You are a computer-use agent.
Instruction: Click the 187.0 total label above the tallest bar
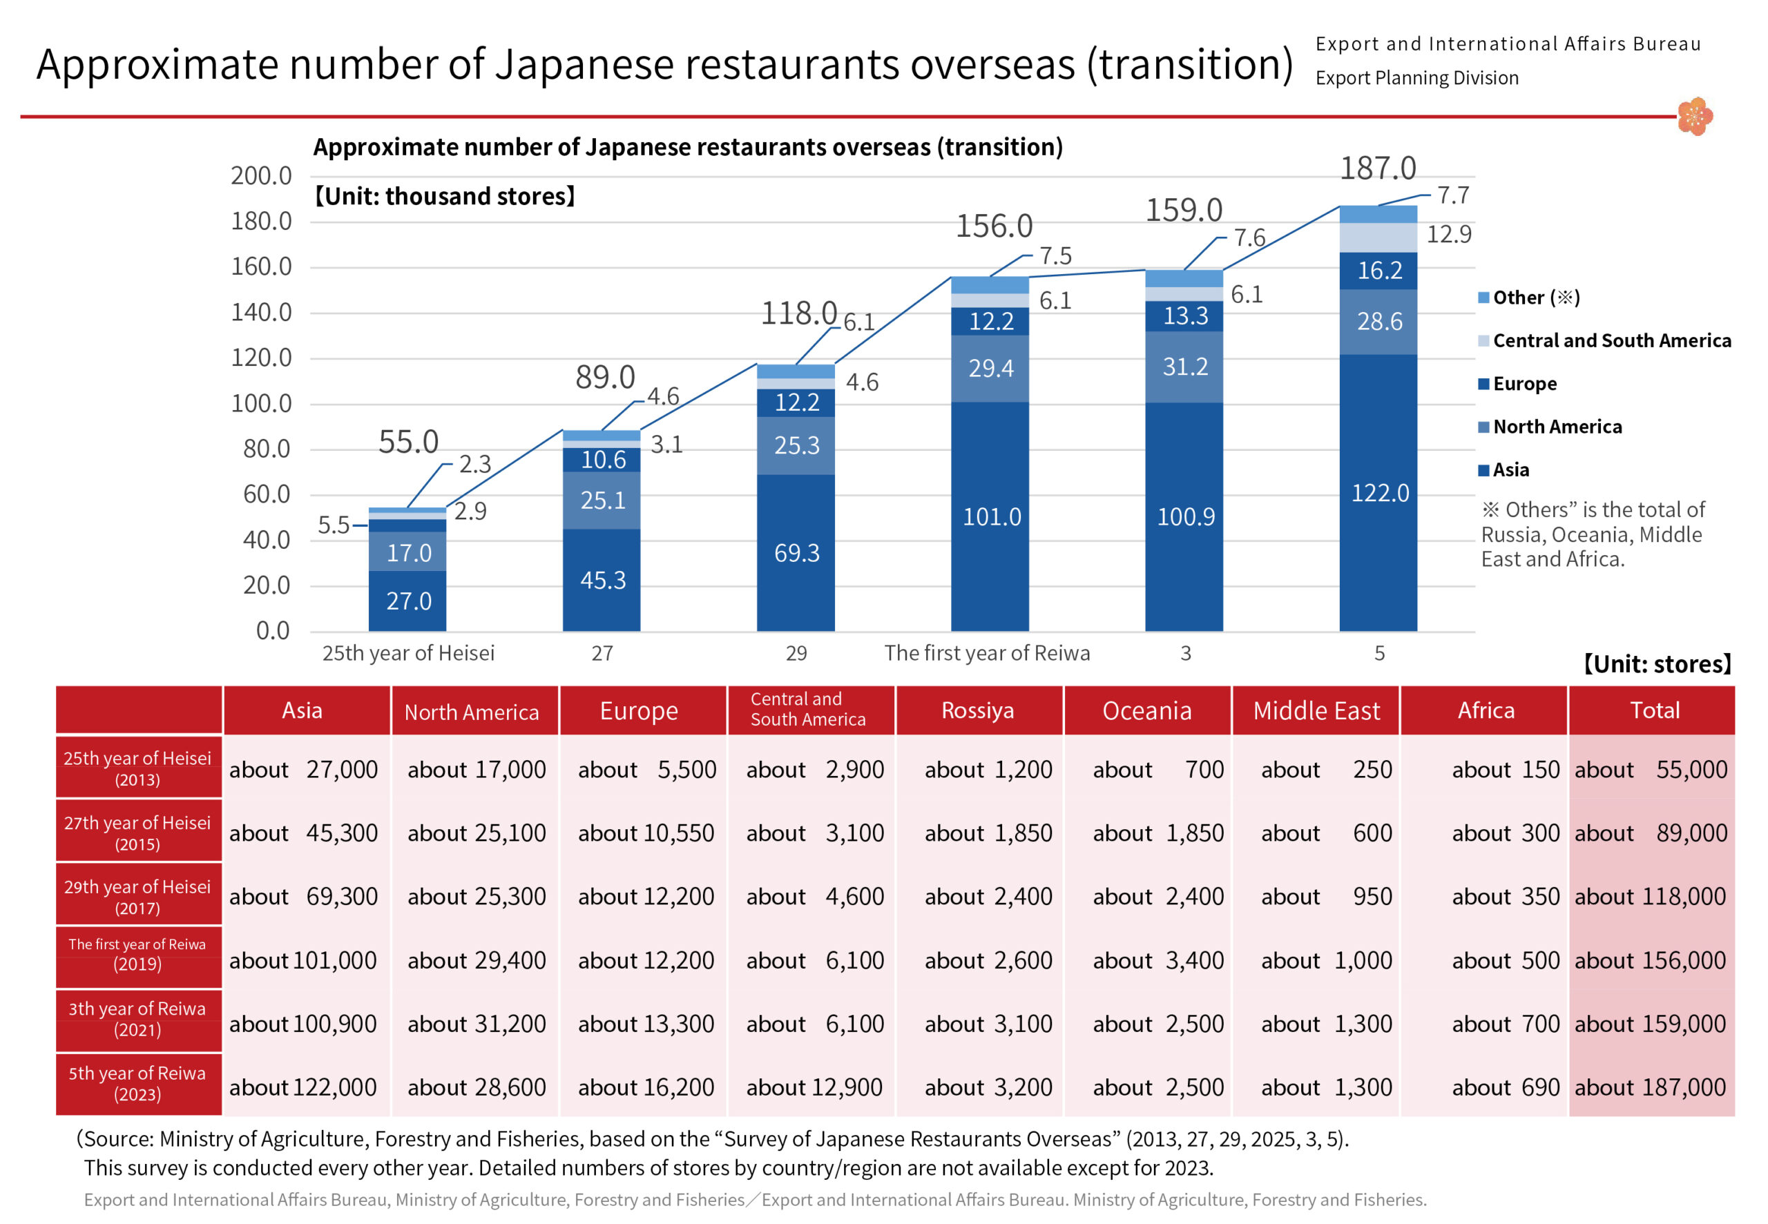[x=1377, y=168]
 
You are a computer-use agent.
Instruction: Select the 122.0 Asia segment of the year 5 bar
[x=1378, y=492]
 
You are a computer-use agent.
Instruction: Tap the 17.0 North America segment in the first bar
[x=408, y=552]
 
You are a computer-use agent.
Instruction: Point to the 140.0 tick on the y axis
[x=261, y=312]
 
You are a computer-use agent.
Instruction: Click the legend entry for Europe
[x=1524, y=383]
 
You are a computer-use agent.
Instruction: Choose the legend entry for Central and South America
[x=1610, y=340]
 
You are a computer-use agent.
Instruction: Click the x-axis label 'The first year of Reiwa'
[x=986, y=652]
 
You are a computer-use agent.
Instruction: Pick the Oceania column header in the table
[x=1146, y=711]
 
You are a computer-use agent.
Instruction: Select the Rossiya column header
[x=977, y=711]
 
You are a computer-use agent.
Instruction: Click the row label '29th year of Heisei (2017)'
[x=137, y=896]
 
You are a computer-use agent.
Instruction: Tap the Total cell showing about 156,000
[x=1650, y=960]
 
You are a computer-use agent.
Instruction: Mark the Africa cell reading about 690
[x=1505, y=1087]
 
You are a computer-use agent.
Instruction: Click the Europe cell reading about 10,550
[x=646, y=833]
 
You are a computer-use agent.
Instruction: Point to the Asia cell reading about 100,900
[x=303, y=1024]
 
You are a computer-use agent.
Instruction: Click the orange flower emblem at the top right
[x=1694, y=117]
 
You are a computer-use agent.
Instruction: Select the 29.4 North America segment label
[x=990, y=369]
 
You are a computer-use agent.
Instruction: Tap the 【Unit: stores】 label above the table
[x=1657, y=664]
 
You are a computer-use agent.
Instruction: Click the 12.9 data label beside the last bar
[x=1448, y=234]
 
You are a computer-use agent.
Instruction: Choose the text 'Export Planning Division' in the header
[x=1416, y=78]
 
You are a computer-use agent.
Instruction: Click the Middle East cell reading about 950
[x=1325, y=897]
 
